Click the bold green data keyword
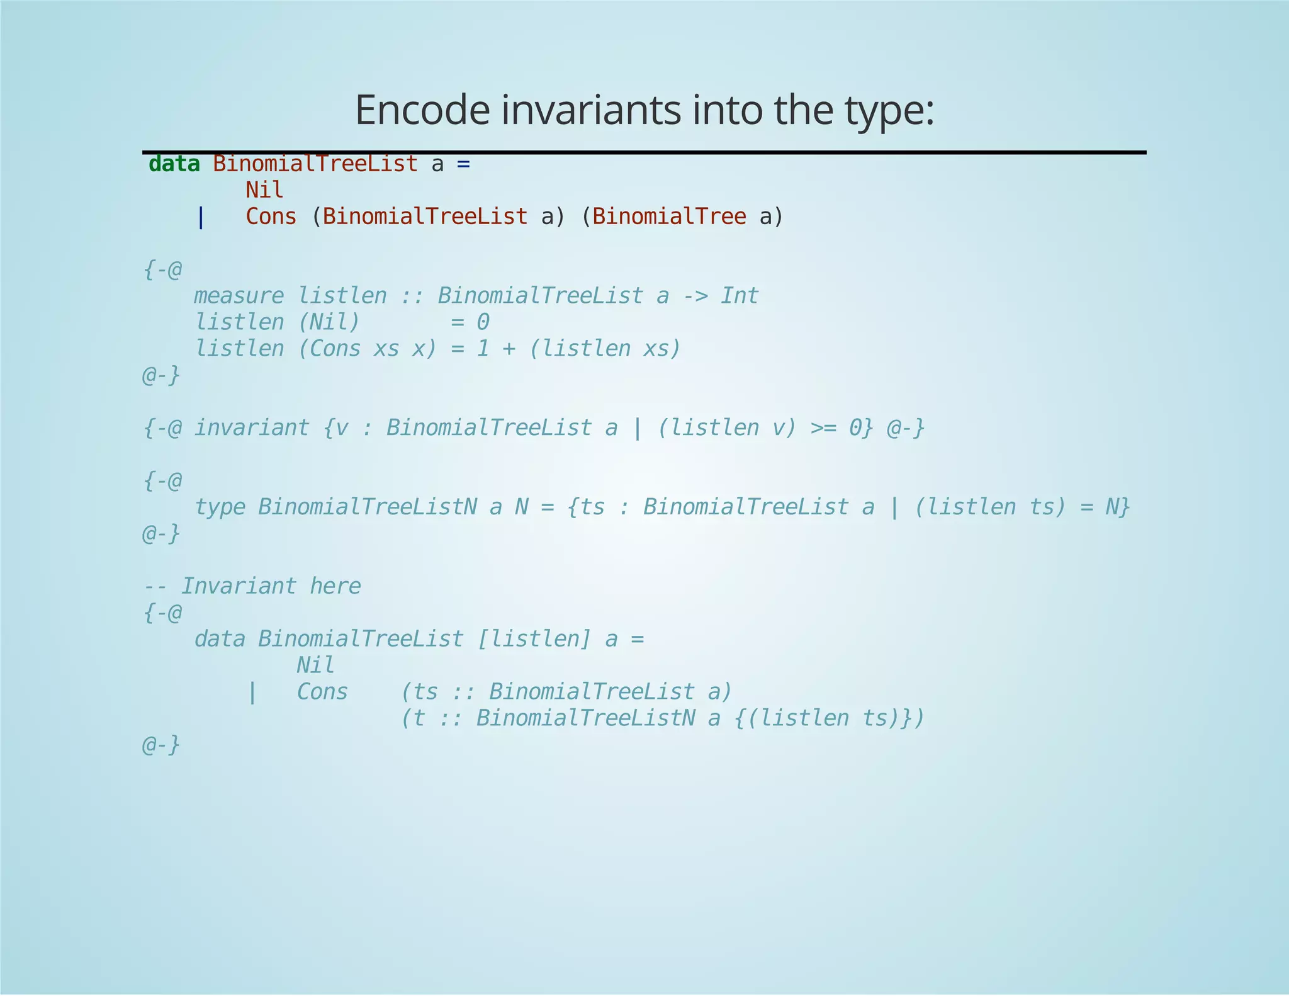(174, 164)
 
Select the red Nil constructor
(264, 190)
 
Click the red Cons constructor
(271, 217)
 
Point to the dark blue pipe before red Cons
(201, 218)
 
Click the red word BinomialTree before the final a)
(669, 217)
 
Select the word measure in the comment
(239, 296)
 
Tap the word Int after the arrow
(740, 296)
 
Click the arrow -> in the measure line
(695, 296)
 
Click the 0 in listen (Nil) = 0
(483, 322)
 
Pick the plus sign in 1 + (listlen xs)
(509, 349)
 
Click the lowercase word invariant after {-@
(251, 428)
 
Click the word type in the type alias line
(220, 507)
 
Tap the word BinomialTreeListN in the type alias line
(367, 507)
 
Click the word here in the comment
(335, 587)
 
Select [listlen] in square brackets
(534, 640)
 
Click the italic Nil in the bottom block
(315, 665)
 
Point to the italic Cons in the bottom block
(322, 692)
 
